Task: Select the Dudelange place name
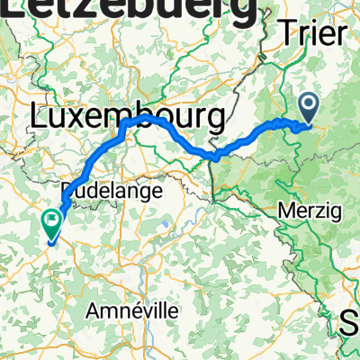[x=112, y=191]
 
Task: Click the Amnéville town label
[x=131, y=310]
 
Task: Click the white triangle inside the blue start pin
[x=309, y=107]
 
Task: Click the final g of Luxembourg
[x=213, y=120]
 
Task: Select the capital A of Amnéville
[x=93, y=310]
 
